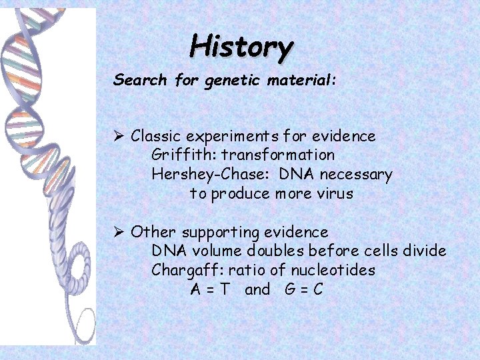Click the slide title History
[x=241, y=47]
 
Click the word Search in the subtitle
[x=140, y=81]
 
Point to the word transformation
[x=278, y=155]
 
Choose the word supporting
[x=221, y=233]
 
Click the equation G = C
[x=303, y=290]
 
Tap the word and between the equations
[x=257, y=290]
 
